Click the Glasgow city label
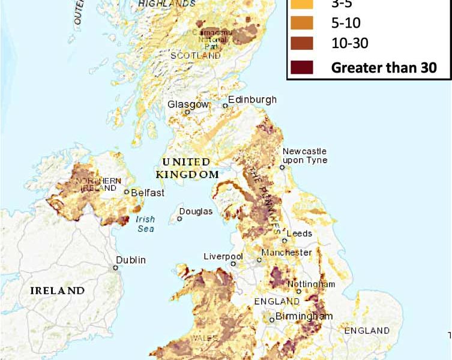(188, 104)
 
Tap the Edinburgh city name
(252, 99)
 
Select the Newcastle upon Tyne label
(304, 155)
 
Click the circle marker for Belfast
(127, 193)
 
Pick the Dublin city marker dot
(116, 268)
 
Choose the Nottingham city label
(311, 283)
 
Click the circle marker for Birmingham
(272, 320)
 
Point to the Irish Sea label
(145, 224)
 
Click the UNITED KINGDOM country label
(187, 168)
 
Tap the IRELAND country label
(57, 290)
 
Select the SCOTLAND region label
(203, 55)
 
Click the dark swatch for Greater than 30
(302, 67)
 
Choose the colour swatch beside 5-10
(302, 23)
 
